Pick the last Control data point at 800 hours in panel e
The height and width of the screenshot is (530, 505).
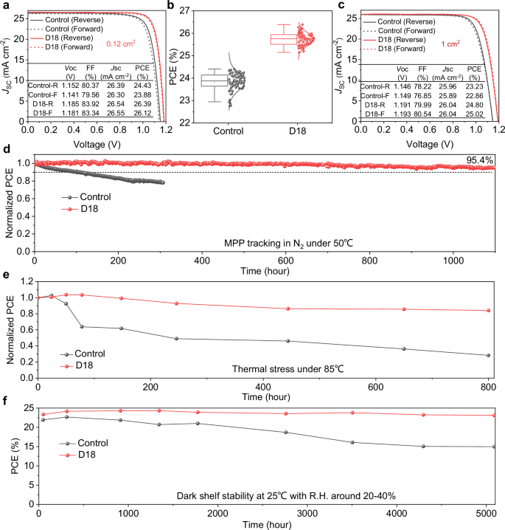(488, 355)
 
